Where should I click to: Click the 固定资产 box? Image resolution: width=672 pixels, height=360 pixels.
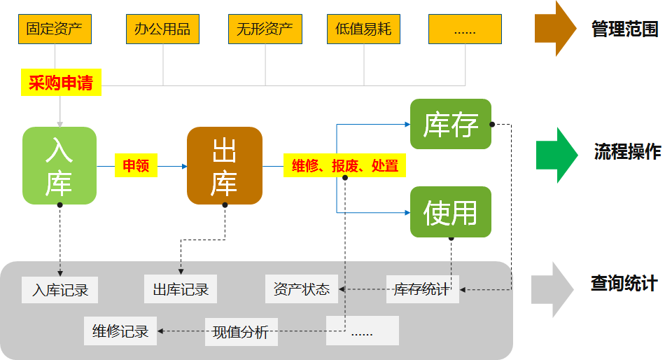55,29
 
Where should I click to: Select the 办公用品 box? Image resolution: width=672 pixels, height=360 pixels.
162,29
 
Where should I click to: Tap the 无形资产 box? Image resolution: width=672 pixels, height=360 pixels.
265,29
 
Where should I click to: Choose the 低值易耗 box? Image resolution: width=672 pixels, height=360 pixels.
363,29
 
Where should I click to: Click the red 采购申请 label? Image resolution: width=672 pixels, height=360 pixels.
61,84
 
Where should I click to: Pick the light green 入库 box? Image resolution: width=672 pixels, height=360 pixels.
59,165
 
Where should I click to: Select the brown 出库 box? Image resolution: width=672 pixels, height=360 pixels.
224,165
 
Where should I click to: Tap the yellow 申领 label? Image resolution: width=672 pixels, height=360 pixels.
136,166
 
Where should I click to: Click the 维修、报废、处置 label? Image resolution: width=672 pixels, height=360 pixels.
345,166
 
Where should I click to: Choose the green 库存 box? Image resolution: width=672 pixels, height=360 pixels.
451,124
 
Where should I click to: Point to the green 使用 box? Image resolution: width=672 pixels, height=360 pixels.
451,212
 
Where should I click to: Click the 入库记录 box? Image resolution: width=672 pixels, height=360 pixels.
60,289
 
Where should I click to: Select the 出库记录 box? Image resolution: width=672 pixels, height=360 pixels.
181,289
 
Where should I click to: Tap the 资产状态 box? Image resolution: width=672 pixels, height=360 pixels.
302,289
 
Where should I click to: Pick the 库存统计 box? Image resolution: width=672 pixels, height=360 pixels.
422,289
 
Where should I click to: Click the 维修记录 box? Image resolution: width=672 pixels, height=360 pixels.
120,331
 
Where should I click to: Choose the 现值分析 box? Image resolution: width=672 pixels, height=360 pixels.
241,331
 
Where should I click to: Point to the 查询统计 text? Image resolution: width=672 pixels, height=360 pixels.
624,284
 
